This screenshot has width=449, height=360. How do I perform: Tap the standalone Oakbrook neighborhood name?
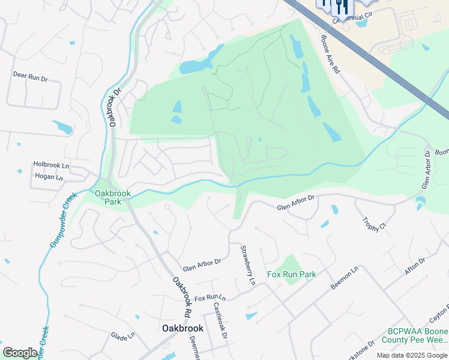coord(183,328)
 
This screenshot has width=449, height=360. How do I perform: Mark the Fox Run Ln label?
coord(209,298)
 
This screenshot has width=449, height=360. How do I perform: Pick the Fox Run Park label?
coord(292,274)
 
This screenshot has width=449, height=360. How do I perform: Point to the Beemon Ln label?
coord(345,279)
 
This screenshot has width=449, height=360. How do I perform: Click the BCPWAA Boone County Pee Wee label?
coord(418,335)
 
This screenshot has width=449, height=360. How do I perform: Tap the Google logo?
coord(20,353)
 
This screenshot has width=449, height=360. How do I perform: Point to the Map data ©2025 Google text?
coord(411,355)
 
